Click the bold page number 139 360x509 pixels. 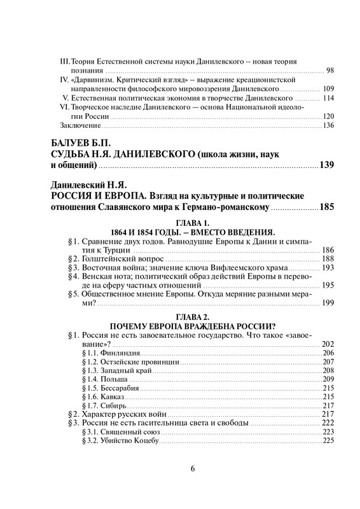tap(326, 166)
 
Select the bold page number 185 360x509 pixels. tap(325, 207)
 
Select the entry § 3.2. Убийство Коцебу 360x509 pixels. tap(123, 440)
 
